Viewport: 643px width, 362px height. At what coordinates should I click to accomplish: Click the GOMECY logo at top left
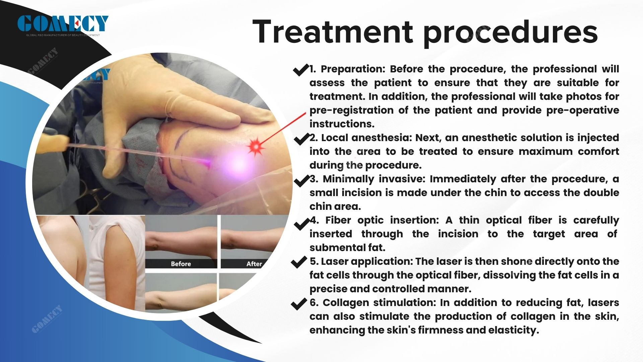click(x=63, y=24)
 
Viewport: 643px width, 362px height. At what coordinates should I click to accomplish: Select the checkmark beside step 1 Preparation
click(x=300, y=70)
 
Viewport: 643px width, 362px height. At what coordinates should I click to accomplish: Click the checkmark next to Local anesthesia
click(x=301, y=138)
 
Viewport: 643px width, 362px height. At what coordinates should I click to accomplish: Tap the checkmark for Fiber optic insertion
click(x=301, y=224)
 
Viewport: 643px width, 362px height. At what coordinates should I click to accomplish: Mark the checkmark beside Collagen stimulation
click(x=299, y=304)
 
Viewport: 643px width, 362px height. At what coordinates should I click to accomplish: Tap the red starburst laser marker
click(x=256, y=146)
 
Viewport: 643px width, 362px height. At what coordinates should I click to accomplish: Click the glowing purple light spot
click(x=238, y=164)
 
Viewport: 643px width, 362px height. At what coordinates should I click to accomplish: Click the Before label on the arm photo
click(x=181, y=264)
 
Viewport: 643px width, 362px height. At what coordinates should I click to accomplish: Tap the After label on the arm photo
click(x=254, y=264)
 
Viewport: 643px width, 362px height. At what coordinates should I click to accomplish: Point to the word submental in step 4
click(x=338, y=248)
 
